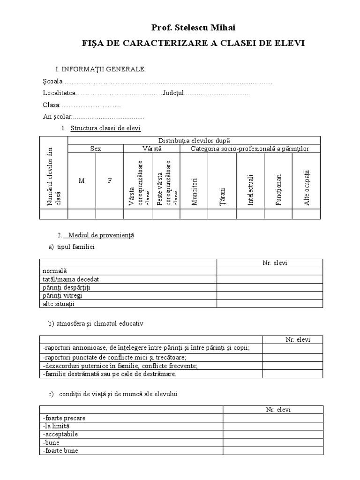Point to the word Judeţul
pyautogui.click(x=173, y=93)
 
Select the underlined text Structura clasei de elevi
pyautogui.click(x=105, y=128)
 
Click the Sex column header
pyautogui.click(x=96, y=149)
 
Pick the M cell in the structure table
pyautogui.click(x=82, y=181)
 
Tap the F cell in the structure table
pyautogui.click(x=110, y=181)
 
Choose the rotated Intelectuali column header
pyautogui.click(x=250, y=190)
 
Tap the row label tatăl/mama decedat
pyautogui.click(x=70, y=279)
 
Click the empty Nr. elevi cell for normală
pyautogui.click(x=270, y=271)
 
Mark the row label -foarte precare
pyautogui.click(x=64, y=418)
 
